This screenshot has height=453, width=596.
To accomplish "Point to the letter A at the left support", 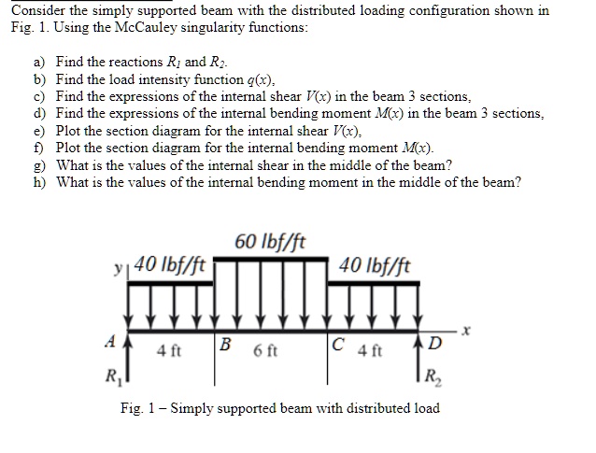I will pyautogui.click(x=111, y=341).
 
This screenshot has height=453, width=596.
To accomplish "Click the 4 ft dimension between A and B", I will pyautogui.click(x=169, y=352).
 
